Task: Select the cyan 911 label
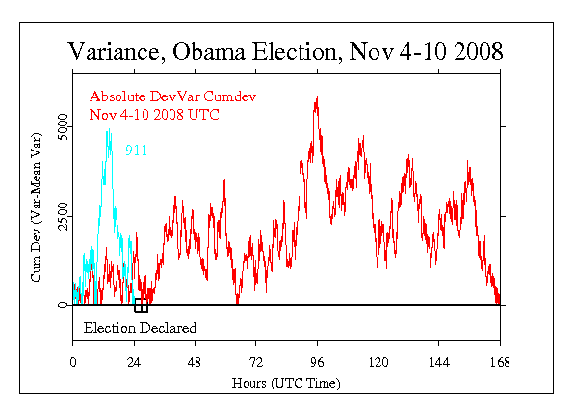coord(136,151)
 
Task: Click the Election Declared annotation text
coord(140,328)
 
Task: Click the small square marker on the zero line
coord(141,305)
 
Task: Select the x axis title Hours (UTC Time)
coord(285,382)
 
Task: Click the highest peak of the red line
coord(316,98)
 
